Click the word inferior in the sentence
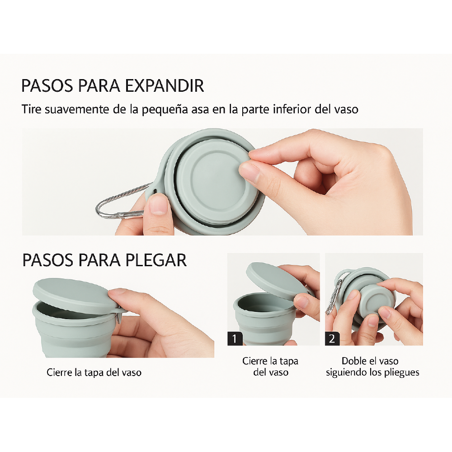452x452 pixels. [x=294, y=109]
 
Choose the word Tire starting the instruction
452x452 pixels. [x=30, y=109]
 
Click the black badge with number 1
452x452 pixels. [x=235, y=338]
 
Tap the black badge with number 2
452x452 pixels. [x=332, y=338]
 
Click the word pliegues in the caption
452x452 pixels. [x=401, y=372]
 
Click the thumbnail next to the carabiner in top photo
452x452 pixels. [x=158, y=205]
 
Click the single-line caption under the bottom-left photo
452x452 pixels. [x=94, y=373]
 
